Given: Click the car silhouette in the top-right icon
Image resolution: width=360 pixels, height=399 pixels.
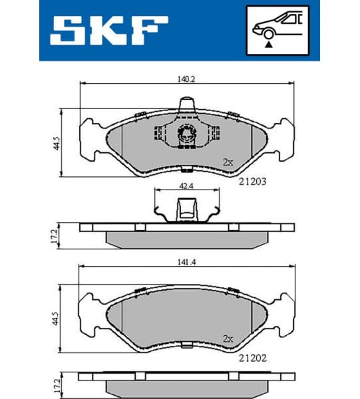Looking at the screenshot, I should pos(277,25).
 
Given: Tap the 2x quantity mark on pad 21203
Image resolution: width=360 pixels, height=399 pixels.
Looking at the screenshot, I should pos(228,162).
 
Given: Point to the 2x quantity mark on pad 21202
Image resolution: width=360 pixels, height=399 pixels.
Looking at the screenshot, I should pos(228,338).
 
